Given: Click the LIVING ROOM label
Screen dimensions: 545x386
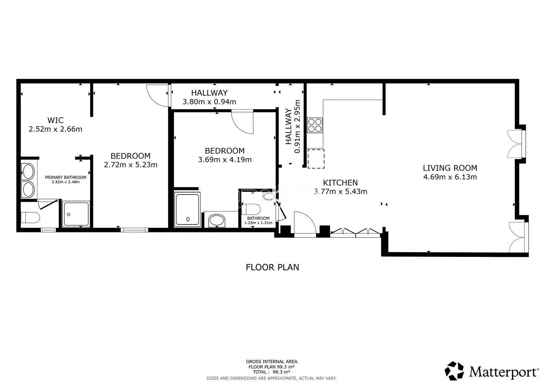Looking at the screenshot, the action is click(x=450, y=168).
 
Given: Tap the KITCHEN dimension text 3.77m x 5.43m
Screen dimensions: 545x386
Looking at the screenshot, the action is click(x=340, y=191).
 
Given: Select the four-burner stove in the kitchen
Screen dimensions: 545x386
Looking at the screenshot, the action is click(x=315, y=125).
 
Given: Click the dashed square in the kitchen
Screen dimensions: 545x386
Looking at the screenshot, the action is click(x=316, y=159).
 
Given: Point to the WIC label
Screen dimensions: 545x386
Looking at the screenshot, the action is click(x=56, y=120).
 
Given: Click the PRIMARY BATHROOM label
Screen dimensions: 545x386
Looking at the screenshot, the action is click(x=66, y=178).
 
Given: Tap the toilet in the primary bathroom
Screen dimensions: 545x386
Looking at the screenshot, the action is click(x=30, y=217).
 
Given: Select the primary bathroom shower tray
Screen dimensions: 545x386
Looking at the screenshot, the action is click(x=76, y=214).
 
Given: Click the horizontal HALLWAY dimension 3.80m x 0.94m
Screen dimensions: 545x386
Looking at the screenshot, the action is click(x=209, y=102).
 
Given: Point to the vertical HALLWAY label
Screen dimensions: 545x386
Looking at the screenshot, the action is click(x=288, y=127).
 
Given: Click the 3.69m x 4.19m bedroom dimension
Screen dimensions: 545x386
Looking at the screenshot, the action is click(x=225, y=160).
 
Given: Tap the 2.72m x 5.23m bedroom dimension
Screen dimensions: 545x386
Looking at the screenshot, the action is click(x=131, y=165).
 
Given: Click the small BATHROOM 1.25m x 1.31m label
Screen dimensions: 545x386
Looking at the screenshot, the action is click(x=258, y=220).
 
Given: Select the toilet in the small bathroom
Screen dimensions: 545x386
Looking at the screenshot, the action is click(x=251, y=209).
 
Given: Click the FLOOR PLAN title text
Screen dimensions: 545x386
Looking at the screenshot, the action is click(x=272, y=267).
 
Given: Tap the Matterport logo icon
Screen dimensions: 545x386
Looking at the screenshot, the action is click(x=454, y=371).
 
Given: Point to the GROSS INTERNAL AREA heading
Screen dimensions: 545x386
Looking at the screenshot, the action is click(x=271, y=362).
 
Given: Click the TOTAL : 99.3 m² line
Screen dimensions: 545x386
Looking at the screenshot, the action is click(x=271, y=372).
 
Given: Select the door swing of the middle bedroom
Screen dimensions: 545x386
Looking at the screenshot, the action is click(x=242, y=122).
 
